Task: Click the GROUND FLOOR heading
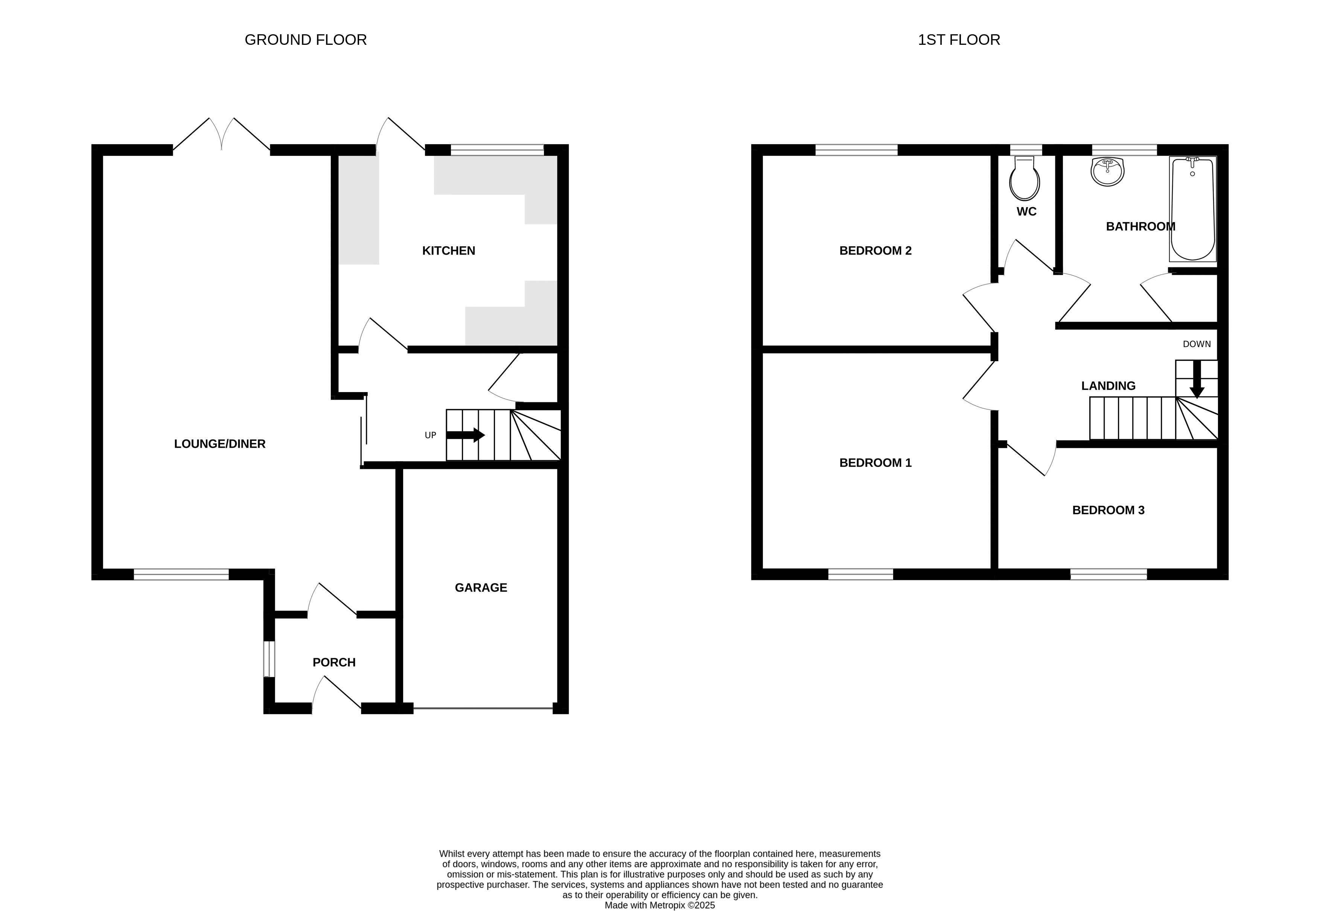pyautogui.click(x=305, y=40)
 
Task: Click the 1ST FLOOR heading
pyautogui.click(x=959, y=40)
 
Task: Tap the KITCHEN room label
pyautogui.click(x=448, y=250)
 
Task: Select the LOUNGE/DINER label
pyautogui.click(x=219, y=444)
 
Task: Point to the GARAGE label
pyautogui.click(x=481, y=587)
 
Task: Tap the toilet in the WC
pyautogui.click(x=1025, y=178)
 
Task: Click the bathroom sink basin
pyautogui.click(x=1108, y=171)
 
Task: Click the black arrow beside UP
pyautogui.click(x=466, y=435)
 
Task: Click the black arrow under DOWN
pyautogui.click(x=1197, y=379)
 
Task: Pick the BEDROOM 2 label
pyautogui.click(x=875, y=250)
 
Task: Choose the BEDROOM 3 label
pyautogui.click(x=1108, y=510)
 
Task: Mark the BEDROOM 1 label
pyautogui.click(x=875, y=463)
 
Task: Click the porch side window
pyautogui.click(x=269, y=659)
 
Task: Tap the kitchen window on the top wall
pyautogui.click(x=498, y=150)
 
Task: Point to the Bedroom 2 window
pyautogui.click(x=856, y=150)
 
